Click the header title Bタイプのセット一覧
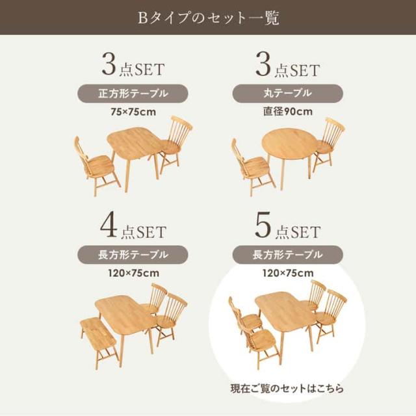208,18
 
